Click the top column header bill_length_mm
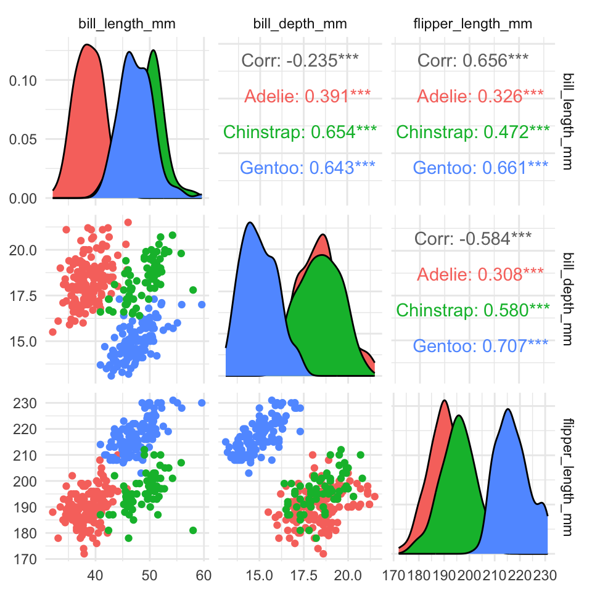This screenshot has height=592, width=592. [126, 25]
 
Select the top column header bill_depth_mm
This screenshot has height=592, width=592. [300, 25]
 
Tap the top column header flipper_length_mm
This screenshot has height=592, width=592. [472, 25]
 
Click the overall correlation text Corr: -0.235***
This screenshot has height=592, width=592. [300, 60]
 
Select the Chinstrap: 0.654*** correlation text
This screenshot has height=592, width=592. [300, 132]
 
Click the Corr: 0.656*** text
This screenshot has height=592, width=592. [473, 60]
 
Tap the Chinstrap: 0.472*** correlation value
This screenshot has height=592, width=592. [473, 132]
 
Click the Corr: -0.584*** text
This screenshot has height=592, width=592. [473, 239]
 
